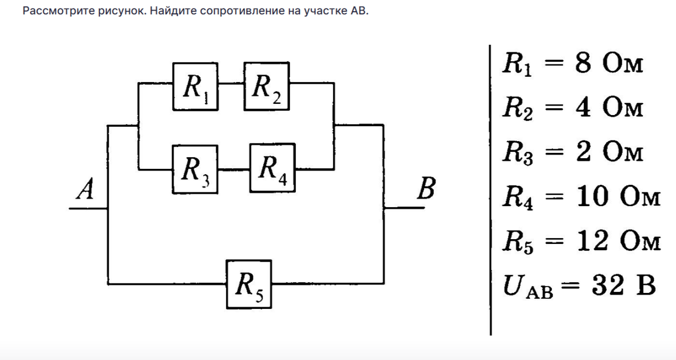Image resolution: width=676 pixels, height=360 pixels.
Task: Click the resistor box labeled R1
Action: click(194, 86)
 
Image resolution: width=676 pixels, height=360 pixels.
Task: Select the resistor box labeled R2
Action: click(266, 86)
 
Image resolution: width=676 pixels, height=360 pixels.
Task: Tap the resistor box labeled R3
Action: click(194, 169)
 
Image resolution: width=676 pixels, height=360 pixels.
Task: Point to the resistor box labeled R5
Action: click(249, 284)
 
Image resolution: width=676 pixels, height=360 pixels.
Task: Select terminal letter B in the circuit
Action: click(426, 189)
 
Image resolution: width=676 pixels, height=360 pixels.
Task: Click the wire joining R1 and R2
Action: click(230, 84)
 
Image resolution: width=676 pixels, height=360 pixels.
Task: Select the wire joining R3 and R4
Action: click(233, 170)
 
